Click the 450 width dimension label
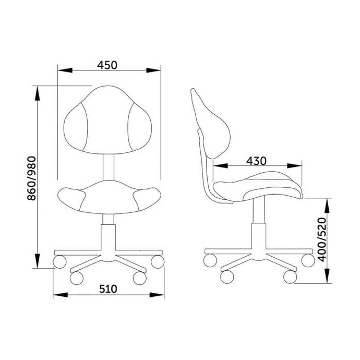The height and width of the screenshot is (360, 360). [107, 65]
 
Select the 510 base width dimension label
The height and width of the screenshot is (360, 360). [108, 289]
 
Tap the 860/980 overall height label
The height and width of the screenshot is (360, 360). [32, 178]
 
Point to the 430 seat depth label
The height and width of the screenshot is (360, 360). [256, 161]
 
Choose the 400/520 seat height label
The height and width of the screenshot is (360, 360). [321, 239]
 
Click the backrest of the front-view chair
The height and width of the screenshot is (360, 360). [107, 119]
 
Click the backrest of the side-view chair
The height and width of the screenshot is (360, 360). [210, 124]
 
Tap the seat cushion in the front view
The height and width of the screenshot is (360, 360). [109, 197]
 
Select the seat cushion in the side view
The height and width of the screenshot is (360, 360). [258, 187]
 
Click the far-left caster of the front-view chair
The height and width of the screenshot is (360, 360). [59, 261]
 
